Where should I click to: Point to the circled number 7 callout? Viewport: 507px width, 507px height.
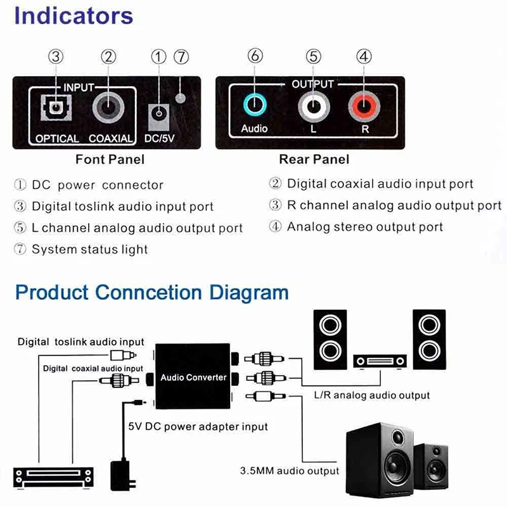point(181,56)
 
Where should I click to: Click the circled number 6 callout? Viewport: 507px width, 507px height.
point(255,56)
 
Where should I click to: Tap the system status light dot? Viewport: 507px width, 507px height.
point(181,98)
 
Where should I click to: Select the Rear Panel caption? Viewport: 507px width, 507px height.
point(314,159)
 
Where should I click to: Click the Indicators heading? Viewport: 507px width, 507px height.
point(74,16)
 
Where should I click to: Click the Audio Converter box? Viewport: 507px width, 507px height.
point(193,378)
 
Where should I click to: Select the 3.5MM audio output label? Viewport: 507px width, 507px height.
point(289,471)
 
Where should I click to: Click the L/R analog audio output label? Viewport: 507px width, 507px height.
point(372,395)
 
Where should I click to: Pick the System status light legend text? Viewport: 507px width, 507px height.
point(89,249)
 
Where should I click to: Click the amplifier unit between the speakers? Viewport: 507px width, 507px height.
point(379,361)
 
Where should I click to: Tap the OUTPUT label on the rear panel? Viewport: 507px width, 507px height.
point(312,84)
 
